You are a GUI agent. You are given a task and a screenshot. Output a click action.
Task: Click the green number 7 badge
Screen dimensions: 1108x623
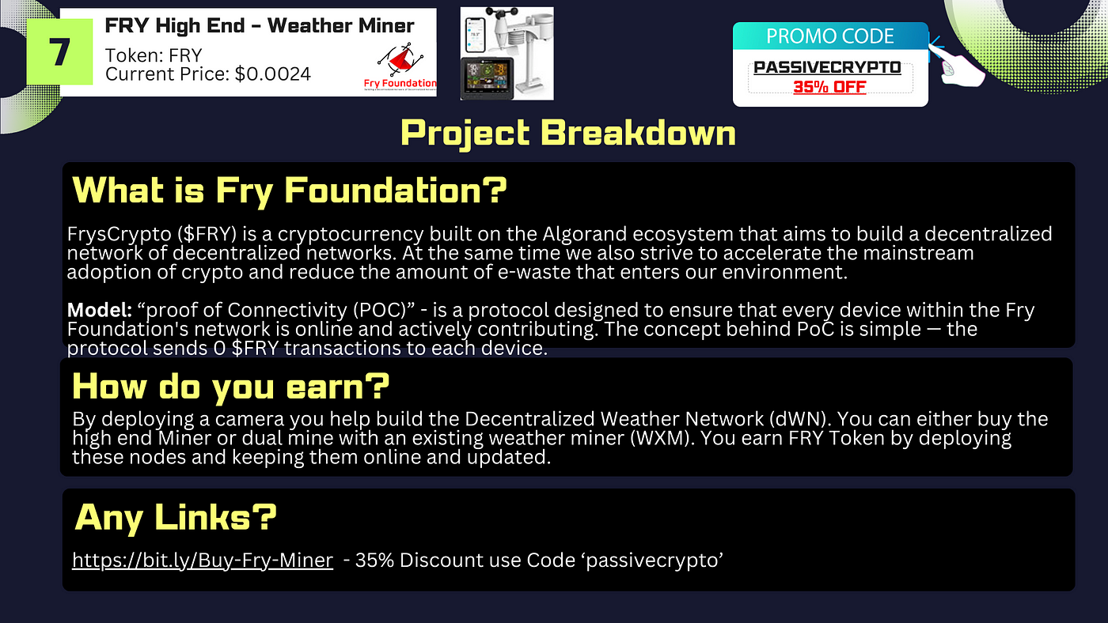59,52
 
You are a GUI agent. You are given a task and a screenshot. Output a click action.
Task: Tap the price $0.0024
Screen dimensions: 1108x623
272,74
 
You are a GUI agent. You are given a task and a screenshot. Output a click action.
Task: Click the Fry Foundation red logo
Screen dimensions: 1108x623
400,66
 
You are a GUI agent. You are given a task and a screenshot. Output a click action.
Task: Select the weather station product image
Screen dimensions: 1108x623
507,53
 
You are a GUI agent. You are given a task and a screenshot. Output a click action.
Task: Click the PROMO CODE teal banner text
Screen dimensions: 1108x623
830,36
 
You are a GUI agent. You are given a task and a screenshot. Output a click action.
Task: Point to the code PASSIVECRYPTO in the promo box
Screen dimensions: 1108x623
827,67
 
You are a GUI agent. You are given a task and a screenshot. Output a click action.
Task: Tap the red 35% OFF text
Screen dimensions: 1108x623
829,87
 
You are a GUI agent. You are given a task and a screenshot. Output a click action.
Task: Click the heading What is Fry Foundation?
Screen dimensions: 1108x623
290,191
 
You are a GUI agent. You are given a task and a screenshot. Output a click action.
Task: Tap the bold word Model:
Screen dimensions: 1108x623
100,310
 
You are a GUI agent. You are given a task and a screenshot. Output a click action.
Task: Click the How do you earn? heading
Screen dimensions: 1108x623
231,386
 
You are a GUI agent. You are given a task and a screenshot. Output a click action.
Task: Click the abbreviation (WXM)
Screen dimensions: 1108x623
660,438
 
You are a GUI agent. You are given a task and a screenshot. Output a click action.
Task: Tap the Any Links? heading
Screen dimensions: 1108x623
176,518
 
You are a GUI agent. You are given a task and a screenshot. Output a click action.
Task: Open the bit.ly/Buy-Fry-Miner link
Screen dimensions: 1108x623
203,561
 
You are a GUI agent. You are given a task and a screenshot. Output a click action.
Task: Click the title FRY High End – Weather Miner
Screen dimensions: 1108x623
260,25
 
